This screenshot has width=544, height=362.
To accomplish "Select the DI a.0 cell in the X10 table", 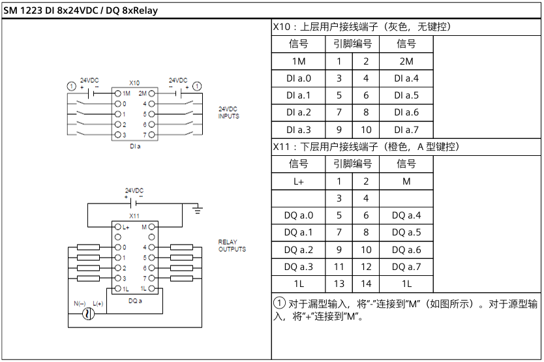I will tap(299, 78).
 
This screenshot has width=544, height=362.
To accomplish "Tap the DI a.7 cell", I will tap(406, 129).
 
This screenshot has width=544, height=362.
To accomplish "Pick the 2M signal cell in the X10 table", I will tap(406, 61).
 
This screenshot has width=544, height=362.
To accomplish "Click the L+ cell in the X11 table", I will tap(299, 181).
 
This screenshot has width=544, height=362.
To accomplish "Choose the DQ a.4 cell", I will tap(406, 215).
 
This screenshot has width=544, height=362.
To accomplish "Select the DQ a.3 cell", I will tap(299, 266).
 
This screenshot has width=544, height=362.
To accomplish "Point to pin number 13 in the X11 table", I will tap(339, 284).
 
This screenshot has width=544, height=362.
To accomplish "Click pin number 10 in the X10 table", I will tap(366, 129).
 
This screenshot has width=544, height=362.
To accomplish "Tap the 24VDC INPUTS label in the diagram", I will tap(228, 112).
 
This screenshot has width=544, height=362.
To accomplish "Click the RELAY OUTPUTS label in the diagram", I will tap(232, 245).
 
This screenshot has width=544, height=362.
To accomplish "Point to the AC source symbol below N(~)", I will tap(85, 314).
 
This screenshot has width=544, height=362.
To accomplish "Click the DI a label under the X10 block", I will tap(134, 146).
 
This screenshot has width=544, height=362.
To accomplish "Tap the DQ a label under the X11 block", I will tap(134, 300).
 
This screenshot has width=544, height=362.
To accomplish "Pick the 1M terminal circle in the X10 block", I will tap(117, 94).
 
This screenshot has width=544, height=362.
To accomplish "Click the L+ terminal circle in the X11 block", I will tap(117, 227).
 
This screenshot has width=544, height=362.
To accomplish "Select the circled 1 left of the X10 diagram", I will tap(71, 85).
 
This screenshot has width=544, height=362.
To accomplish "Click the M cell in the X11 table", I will tap(406, 181).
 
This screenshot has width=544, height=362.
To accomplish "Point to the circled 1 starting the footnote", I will tap(279, 303).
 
